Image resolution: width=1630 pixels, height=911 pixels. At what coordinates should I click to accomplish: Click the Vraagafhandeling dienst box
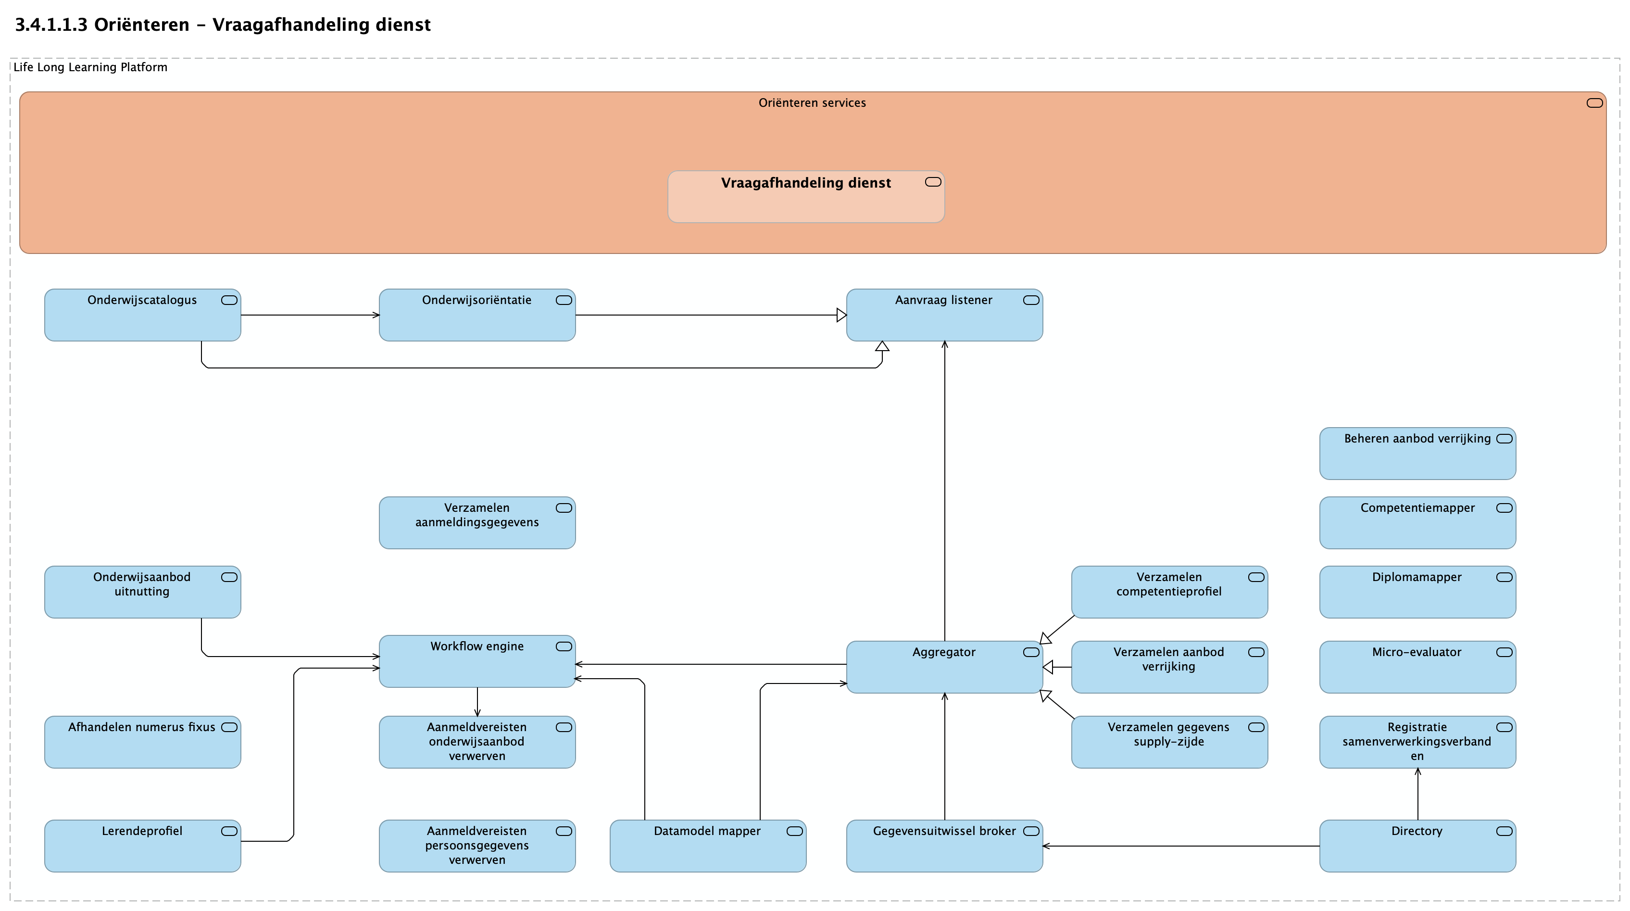click(x=806, y=197)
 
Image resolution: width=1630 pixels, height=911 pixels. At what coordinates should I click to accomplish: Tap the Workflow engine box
click(x=477, y=661)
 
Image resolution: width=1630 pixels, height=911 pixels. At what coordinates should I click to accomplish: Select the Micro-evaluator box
click(x=1418, y=667)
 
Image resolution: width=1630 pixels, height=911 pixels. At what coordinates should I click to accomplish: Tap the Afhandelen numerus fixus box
click(x=142, y=743)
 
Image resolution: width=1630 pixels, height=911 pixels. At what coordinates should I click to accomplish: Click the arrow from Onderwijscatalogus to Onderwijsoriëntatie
click(x=310, y=315)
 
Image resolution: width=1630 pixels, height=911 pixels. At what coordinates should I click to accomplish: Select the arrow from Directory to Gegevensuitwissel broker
click(x=1181, y=846)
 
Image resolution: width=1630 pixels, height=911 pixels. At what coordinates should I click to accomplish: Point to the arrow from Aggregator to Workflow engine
click(x=711, y=664)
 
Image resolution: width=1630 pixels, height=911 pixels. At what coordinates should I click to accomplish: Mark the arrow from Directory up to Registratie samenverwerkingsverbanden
click(x=1418, y=795)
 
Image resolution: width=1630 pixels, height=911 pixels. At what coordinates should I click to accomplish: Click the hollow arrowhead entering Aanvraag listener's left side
click(x=841, y=315)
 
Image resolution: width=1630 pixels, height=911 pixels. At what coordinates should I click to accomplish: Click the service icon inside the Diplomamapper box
click(x=1505, y=577)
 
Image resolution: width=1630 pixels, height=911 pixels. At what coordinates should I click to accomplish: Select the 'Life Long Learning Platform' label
click(x=90, y=67)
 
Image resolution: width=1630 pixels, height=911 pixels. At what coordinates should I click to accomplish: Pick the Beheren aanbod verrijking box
click(x=1418, y=454)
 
